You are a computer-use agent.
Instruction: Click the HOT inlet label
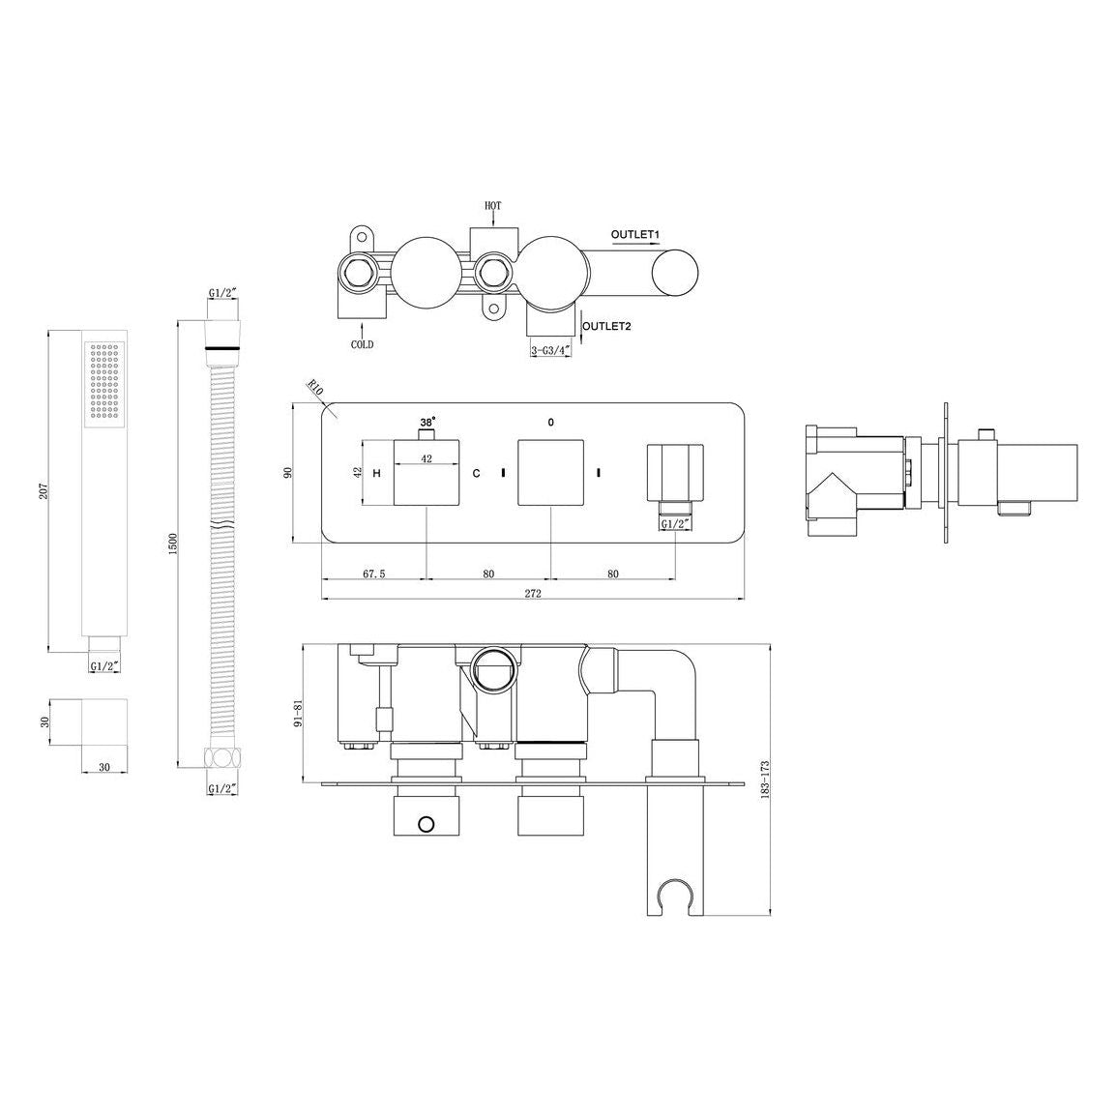click(493, 206)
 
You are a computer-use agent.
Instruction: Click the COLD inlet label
click(362, 344)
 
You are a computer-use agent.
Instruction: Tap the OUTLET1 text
click(634, 234)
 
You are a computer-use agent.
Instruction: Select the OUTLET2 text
click(607, 327)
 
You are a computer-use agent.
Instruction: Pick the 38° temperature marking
click(427, 423)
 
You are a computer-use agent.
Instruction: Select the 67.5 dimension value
click(375, 574)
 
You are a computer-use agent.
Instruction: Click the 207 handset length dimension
click(40, 490)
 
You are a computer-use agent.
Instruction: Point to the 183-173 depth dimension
click(764, 778)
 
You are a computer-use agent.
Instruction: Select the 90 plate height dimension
click(286, 472)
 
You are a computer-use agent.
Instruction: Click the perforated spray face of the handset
click(104, 382)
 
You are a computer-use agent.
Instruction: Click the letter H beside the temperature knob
click(376, 473)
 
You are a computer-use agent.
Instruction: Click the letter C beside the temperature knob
click(475, 473)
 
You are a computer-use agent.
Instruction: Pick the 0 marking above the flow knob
click(550, 423)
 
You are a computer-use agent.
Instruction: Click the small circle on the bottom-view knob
click(423, 824)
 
